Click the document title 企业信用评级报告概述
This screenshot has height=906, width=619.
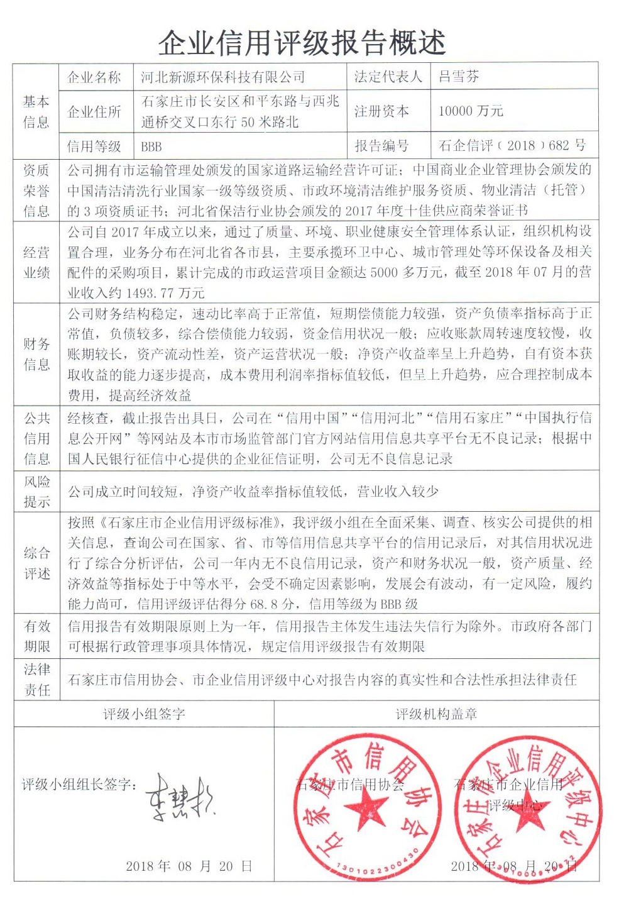(x=302, y=42)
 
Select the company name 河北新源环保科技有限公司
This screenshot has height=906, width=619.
(x=222, y=77)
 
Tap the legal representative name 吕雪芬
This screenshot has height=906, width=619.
(x=459, y=77)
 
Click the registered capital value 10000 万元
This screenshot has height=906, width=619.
(x=471, y=111)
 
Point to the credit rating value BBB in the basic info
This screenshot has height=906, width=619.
(x=151, y=146)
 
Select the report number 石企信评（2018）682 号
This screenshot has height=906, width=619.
(x=512, y=146)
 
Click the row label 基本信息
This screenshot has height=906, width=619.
(x=36, y=111)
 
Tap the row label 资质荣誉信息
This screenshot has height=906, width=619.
(x=36, y=190)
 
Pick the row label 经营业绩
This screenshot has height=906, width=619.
(x=36, y=262)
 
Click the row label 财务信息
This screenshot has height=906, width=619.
(x=36, y=354)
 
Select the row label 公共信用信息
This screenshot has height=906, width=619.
(x=36, y=438)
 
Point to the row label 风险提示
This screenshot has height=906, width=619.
(x=36, y=492)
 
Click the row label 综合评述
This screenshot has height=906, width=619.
(x=36, y=563)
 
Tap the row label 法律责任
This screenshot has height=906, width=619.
(x=36, y=680)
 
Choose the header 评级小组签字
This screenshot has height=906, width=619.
(x=144, y=714)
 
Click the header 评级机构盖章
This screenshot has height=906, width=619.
(x=436, y=714)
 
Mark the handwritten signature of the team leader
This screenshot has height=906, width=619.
(x=180, y=798)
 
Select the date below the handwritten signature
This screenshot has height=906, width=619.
(x=189, y=866)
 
